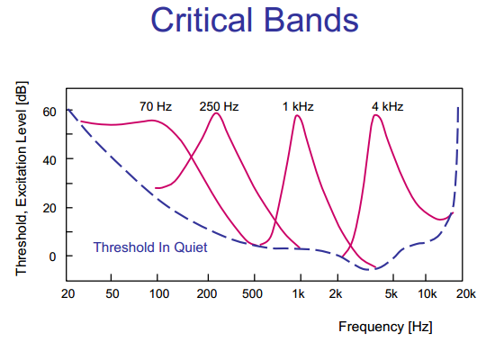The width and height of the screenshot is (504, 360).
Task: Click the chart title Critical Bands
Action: (255, 20)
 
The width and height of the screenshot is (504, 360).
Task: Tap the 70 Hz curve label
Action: (156, 106)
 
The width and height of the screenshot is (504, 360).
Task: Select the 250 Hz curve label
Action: (219, 106)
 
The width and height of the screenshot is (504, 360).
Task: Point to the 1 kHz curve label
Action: (298, 106)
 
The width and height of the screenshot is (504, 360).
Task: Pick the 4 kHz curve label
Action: (387, 106)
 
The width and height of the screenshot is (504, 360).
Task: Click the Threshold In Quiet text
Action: (150, 247)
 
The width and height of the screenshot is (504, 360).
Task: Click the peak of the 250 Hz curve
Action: (216, 113)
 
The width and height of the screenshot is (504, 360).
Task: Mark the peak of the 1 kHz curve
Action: (297, 115)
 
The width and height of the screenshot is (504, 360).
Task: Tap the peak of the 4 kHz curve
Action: (375, 115)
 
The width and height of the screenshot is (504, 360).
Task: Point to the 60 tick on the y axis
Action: (49, 112)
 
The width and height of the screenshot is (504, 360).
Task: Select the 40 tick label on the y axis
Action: (49, 160)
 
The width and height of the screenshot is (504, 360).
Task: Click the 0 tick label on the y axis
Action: (52, 256)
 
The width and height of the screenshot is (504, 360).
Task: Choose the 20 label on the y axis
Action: (49, 208)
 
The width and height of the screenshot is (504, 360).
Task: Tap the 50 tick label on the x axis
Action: (112, 293)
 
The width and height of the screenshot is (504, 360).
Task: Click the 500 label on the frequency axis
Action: (252, 293)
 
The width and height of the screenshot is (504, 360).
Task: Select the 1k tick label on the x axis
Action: (298, 293)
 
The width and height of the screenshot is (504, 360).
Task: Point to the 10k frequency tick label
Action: (427, 293)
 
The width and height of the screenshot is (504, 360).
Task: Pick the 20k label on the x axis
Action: (466, 293)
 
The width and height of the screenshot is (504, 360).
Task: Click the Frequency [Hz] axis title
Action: (385, 327)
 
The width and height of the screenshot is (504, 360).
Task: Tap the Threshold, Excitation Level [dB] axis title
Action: (22, 178)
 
